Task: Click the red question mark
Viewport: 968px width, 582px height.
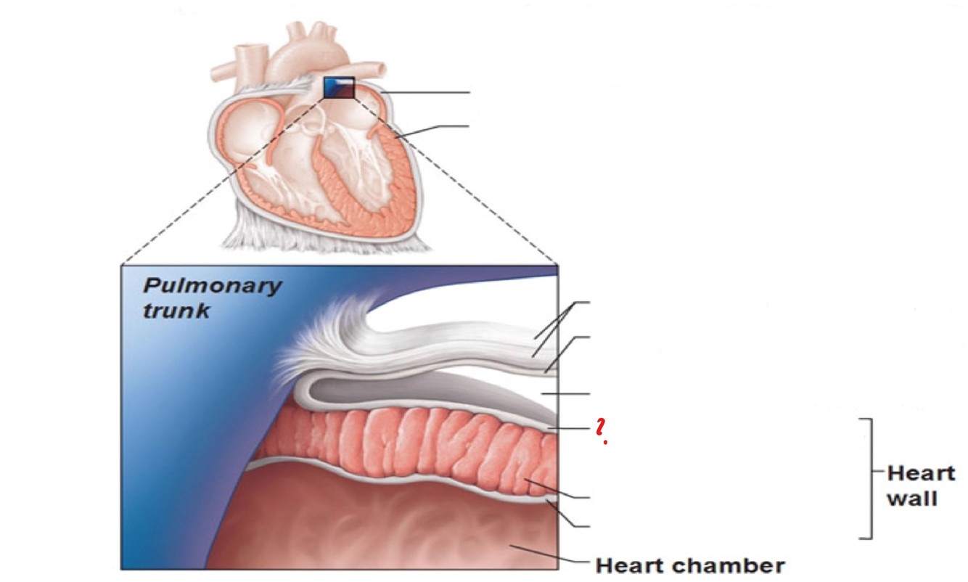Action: coord(601,430)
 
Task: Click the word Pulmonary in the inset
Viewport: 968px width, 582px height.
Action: coord(212,285)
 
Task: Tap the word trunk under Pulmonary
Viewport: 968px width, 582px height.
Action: coord(176,311)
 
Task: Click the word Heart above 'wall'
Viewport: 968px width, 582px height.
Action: coord(921,473)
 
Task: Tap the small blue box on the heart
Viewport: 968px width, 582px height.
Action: coord(339,88)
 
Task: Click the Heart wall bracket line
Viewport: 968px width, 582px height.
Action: coord(869,479)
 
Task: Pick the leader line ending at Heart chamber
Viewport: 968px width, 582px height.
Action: coord(551,557)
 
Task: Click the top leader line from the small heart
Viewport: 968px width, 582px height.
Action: coord(428,93)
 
